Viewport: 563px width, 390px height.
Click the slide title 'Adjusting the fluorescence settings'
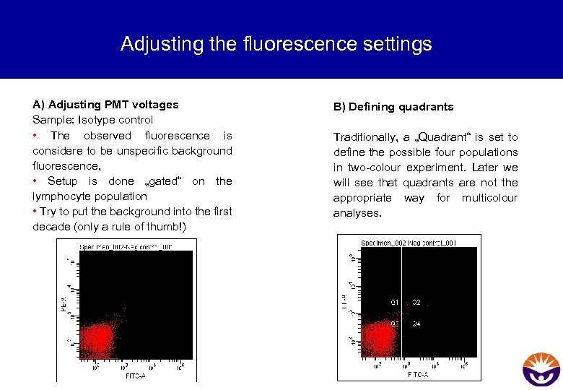tap(276, 44)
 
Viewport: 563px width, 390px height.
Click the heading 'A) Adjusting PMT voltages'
tap(105, 104)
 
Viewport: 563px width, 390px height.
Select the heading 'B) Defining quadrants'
tap(393, 107)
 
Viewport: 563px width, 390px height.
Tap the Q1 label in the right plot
tap(395, 302)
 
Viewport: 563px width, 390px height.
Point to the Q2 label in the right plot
tap(416, 303)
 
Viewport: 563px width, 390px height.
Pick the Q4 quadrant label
tap(416, 324)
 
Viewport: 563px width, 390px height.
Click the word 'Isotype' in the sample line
tap(97, 120)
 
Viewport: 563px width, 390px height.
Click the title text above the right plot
tap(409, 242)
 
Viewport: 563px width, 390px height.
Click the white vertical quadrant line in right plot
tap(402, 289)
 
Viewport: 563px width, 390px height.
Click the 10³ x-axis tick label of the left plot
tap(123, 366)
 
